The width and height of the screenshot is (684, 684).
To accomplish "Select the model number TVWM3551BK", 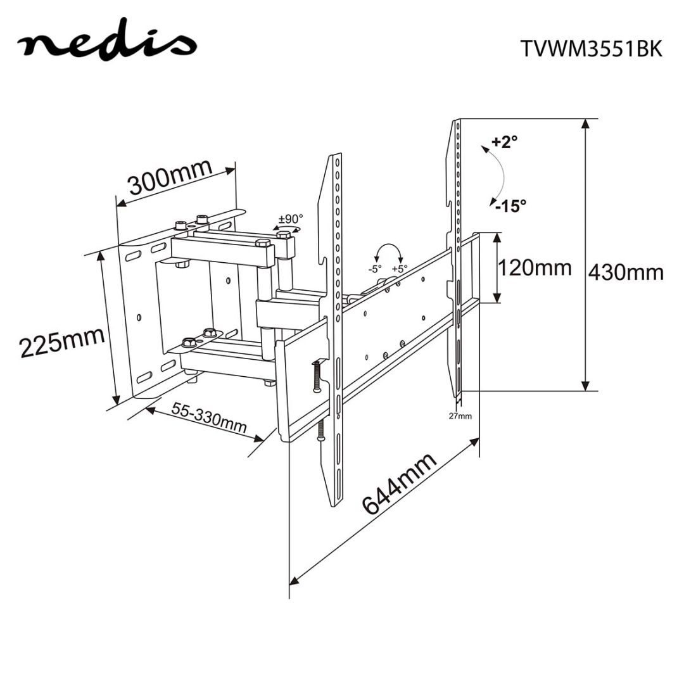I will (590, 49).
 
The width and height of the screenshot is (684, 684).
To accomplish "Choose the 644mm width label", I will (399, 484).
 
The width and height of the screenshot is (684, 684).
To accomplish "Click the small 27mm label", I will (460, 416).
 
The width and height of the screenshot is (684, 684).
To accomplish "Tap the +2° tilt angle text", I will (504, 141).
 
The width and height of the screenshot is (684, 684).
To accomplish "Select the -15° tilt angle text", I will (510, 206).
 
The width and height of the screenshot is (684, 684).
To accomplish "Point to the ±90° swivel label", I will (291, 219).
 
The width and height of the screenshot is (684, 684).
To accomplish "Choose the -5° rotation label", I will (375, 269).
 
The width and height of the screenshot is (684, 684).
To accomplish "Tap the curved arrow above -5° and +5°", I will (388, 249).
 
